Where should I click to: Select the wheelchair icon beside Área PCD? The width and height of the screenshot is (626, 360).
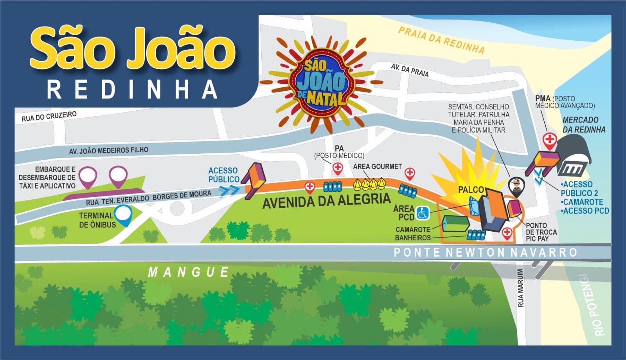click(423, 213)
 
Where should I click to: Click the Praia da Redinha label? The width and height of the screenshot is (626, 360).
click(441, 40)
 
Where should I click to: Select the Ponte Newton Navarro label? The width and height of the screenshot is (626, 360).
click(485, 252)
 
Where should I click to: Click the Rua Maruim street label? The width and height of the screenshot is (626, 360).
click(520, 288)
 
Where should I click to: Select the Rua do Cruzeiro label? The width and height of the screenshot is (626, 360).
click(49, 116)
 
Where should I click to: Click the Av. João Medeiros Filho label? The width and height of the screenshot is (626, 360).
click(109, 150)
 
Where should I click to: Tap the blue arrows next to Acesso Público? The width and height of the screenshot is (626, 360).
click(230, 191)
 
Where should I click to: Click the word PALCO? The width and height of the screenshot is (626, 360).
click(471, 190)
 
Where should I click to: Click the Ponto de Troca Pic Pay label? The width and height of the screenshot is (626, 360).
click(541, 232)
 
